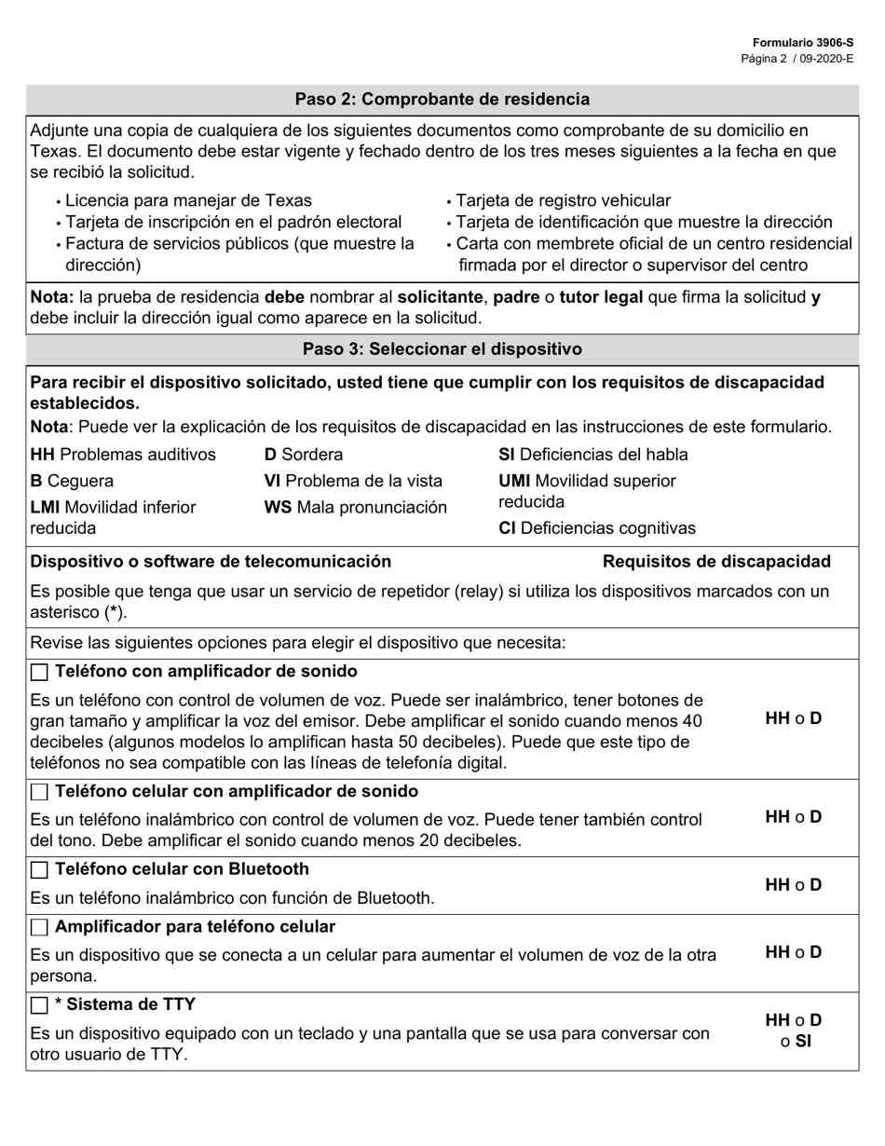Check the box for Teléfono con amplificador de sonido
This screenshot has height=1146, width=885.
[x=39, y=673]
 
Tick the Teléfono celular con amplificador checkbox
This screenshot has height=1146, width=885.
[x=39, y=792]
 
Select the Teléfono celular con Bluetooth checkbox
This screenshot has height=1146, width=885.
[x=39, y=870]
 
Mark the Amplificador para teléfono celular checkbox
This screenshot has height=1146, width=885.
[x=39, y=928]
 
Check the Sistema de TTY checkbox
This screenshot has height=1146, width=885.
[x=39, y=1005]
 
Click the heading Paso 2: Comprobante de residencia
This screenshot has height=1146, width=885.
[x=442, y=99]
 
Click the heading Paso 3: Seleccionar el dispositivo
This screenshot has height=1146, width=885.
[x=442, y=349]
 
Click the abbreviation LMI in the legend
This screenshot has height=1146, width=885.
[x=47, y=508]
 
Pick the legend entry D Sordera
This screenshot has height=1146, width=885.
[x=304, y=455]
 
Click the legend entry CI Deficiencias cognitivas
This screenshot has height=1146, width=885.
[x=597, y=528]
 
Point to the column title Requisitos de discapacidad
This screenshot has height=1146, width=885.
[x=716, y=561]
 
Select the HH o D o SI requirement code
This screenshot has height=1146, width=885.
[x=794, y=1030]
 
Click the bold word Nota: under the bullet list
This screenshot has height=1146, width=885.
[x=52, y=297]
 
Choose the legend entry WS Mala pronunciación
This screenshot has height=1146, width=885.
[x=355, y=508]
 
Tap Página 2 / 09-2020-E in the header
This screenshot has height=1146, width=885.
[x=796, y=59]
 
